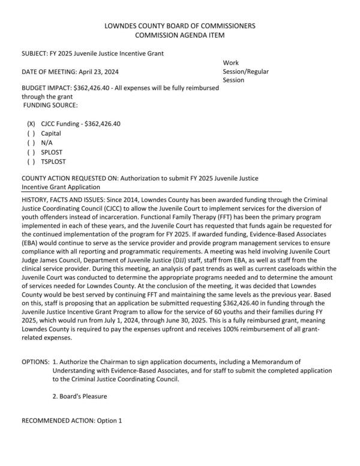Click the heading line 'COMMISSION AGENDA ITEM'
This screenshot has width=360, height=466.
179,35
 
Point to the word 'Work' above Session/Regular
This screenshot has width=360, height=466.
230,62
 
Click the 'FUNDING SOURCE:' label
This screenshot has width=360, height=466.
50,105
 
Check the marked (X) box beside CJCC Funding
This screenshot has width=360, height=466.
31,124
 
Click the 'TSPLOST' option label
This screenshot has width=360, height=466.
54,162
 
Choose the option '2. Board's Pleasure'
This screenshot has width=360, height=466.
80,396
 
